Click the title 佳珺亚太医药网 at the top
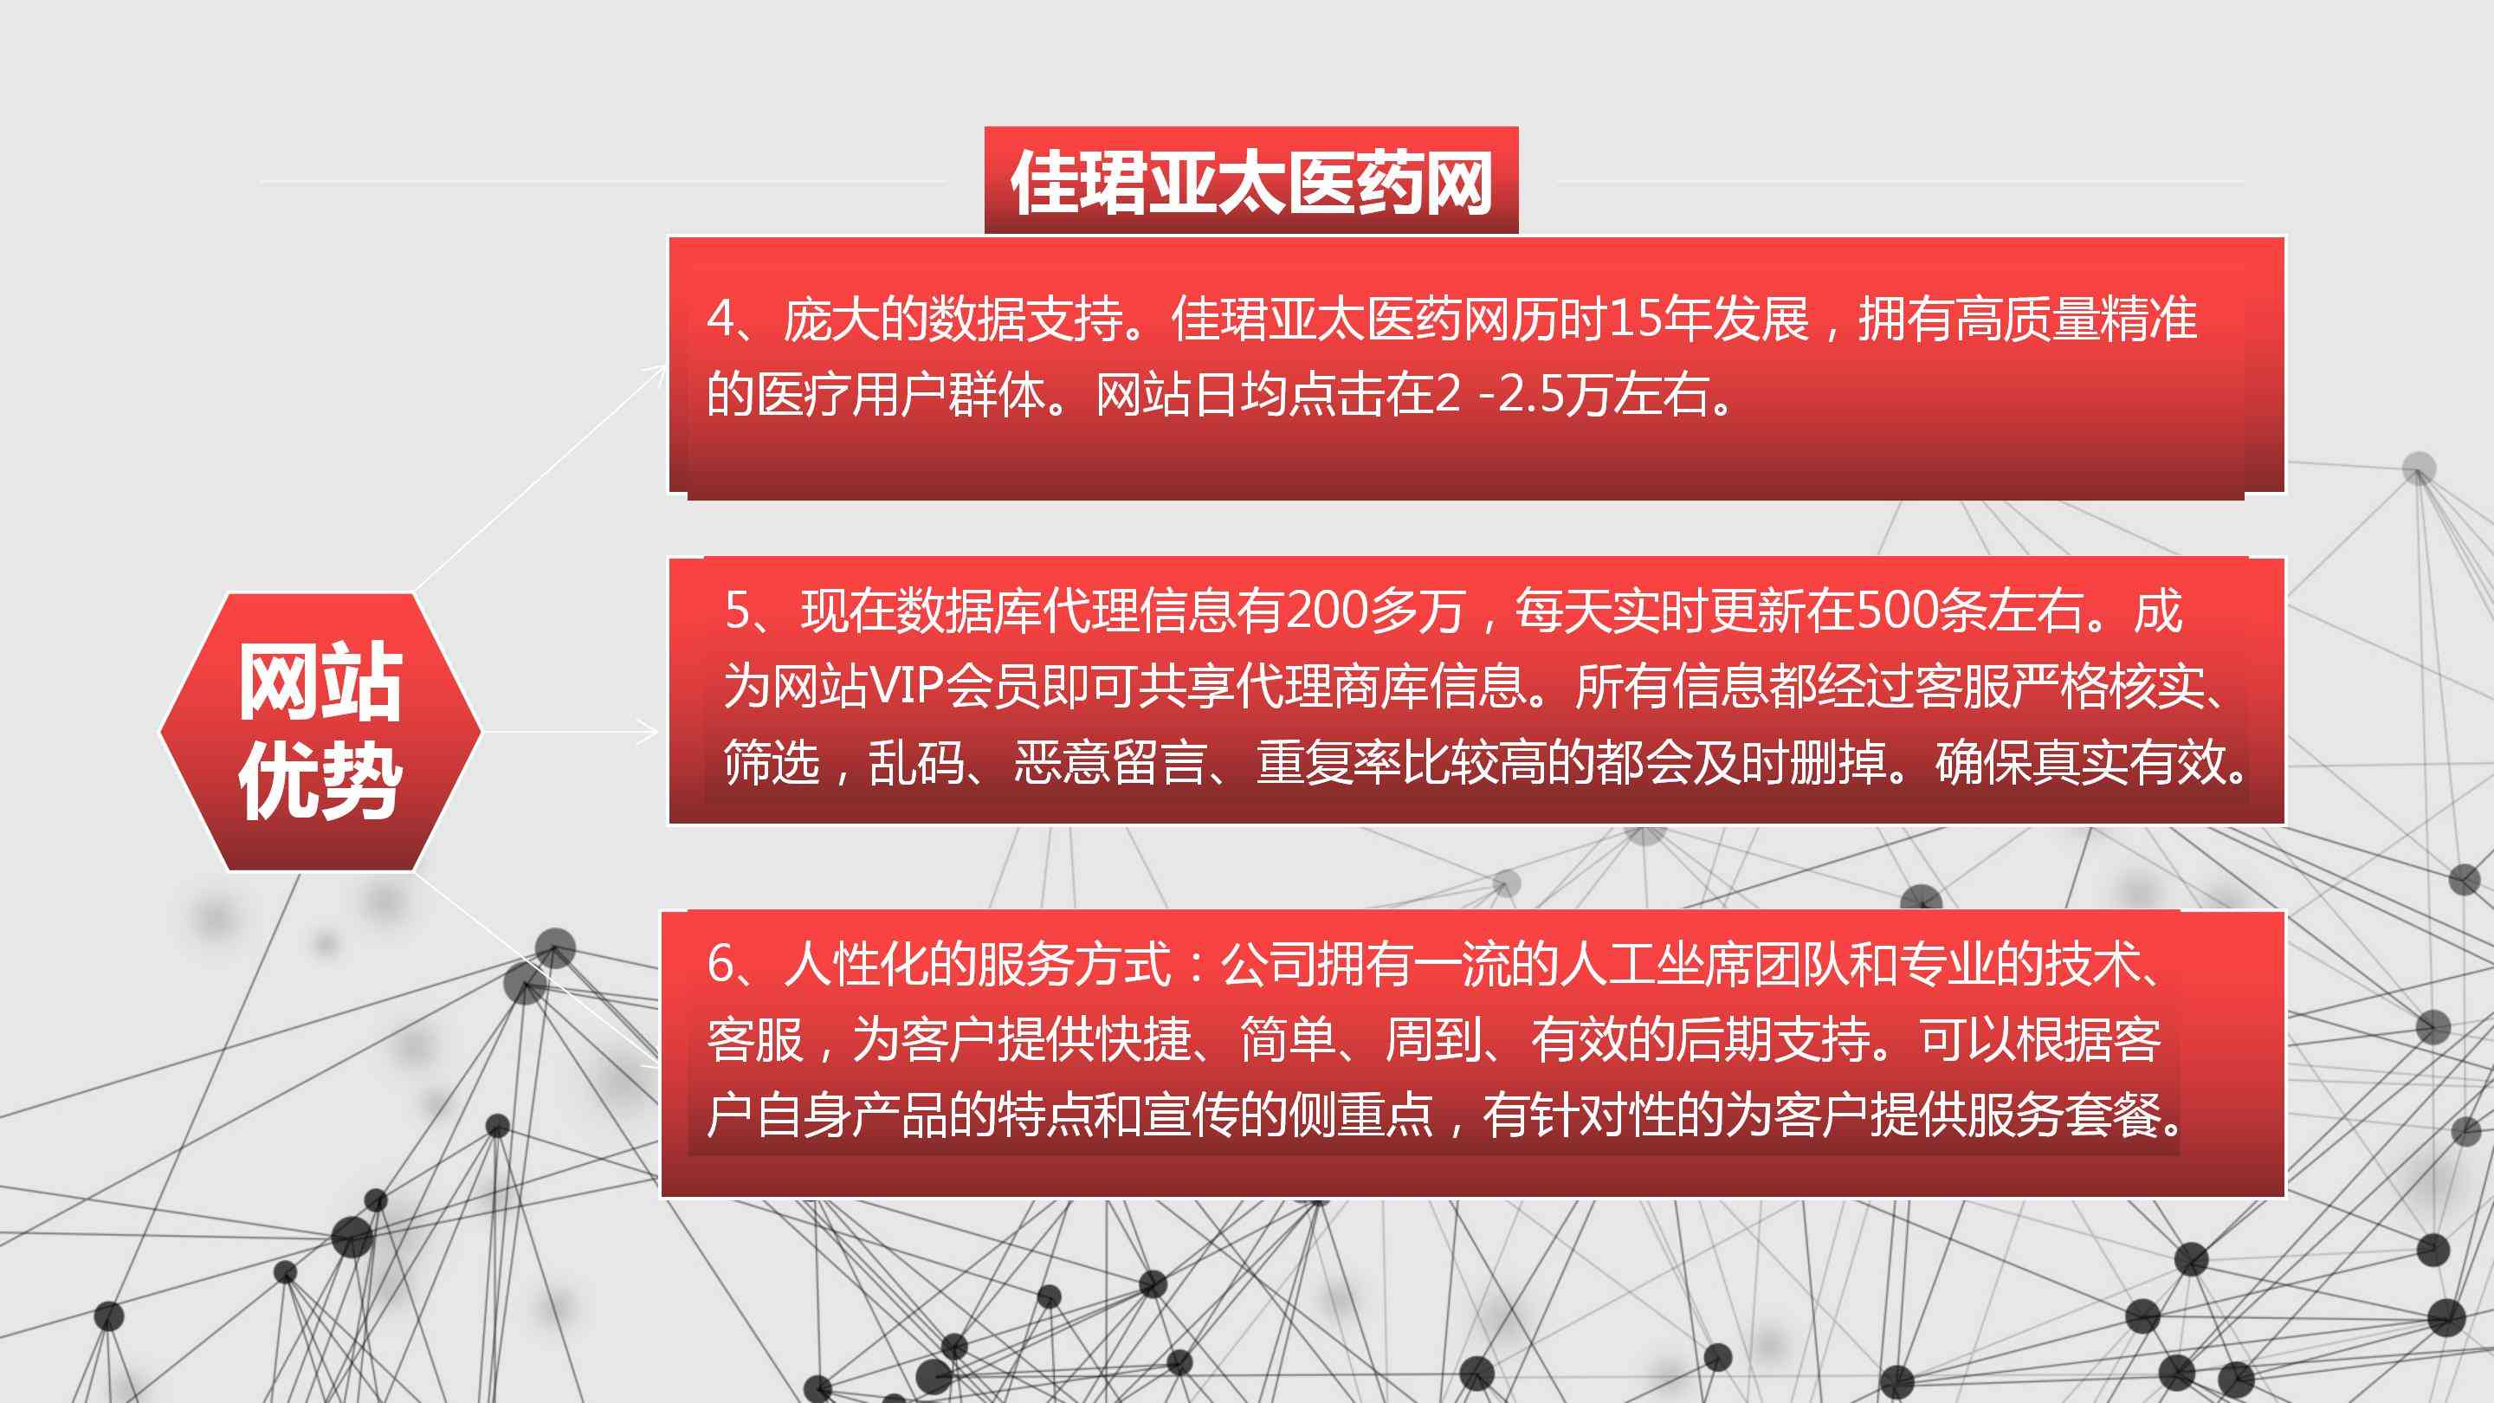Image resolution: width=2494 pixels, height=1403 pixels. pos(1250,182)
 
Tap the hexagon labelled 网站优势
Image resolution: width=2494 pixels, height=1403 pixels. pos(320,732)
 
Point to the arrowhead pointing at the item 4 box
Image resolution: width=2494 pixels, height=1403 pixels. pos(656,374)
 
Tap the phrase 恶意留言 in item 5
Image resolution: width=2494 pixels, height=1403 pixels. pos(1109,762)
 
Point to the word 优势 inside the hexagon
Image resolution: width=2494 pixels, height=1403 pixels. pos(320,781)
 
